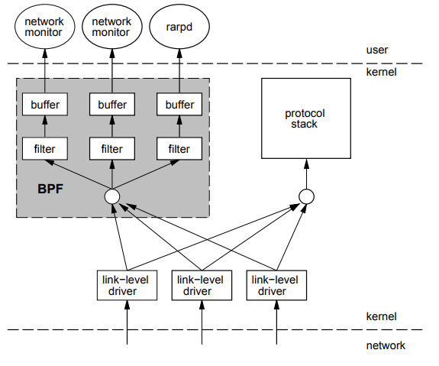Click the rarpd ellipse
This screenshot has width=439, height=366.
point(179,27)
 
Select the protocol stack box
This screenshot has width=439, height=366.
point(306,118)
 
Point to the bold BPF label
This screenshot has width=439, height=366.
point(50,189)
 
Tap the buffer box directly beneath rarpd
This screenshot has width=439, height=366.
point(179,104)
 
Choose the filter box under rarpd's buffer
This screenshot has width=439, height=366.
point(179,148)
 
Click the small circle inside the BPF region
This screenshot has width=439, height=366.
point(112,196)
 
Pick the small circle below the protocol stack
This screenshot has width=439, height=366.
point(306,196)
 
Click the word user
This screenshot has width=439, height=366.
point(377,50)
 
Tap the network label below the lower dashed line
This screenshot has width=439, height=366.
point(386,345)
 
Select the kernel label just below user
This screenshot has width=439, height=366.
point(381,72)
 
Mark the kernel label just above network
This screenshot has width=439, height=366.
point(381,316)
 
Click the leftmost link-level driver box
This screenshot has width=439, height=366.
point(127,285)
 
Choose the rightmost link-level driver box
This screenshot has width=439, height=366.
point(276,285)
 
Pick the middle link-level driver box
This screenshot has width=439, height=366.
point(202,285)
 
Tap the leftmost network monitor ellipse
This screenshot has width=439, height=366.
point(45,27)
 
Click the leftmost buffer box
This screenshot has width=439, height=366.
point(45,104)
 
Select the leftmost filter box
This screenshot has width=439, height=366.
point(45,148)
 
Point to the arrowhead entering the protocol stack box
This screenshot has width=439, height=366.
point(306,164)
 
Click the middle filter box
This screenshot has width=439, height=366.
point(112,148)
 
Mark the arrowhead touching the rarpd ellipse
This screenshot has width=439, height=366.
point(179,53)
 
